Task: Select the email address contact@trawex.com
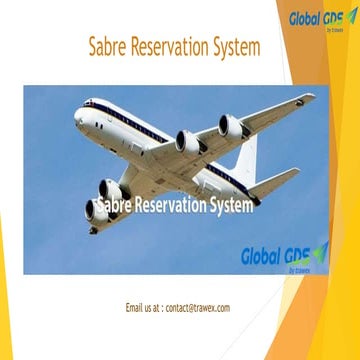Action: click(197, 308)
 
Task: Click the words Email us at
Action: click(144, 308)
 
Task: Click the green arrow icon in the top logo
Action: click(350, 15)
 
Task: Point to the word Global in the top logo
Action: click(306, 18)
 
